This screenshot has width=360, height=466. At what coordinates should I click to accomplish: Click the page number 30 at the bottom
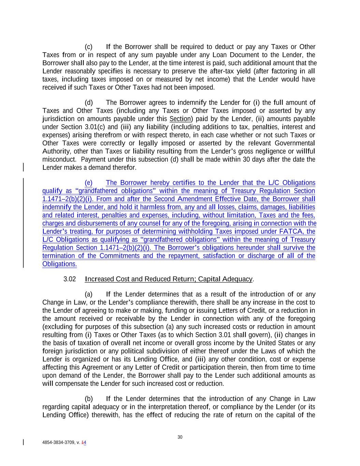click(180, 437)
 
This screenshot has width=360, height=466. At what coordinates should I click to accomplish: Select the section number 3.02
click(70, 279)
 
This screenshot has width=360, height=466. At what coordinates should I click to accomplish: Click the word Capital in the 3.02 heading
click(209, 279)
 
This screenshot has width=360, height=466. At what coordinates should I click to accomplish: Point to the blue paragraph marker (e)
click(88, 183)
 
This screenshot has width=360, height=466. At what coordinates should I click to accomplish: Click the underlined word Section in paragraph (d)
click(180, 119)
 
